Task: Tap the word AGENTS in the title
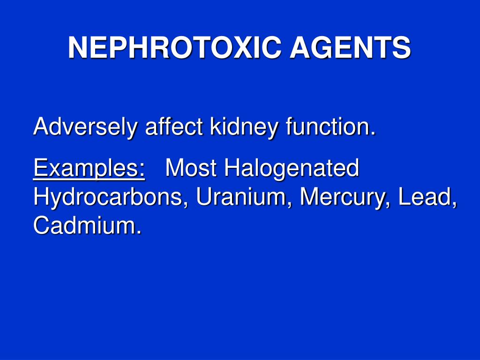click(350, 47)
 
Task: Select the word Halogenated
click(292, 168)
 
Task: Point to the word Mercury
click(345, 197)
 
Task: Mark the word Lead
click(425, 197)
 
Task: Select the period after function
click(373, 133)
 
